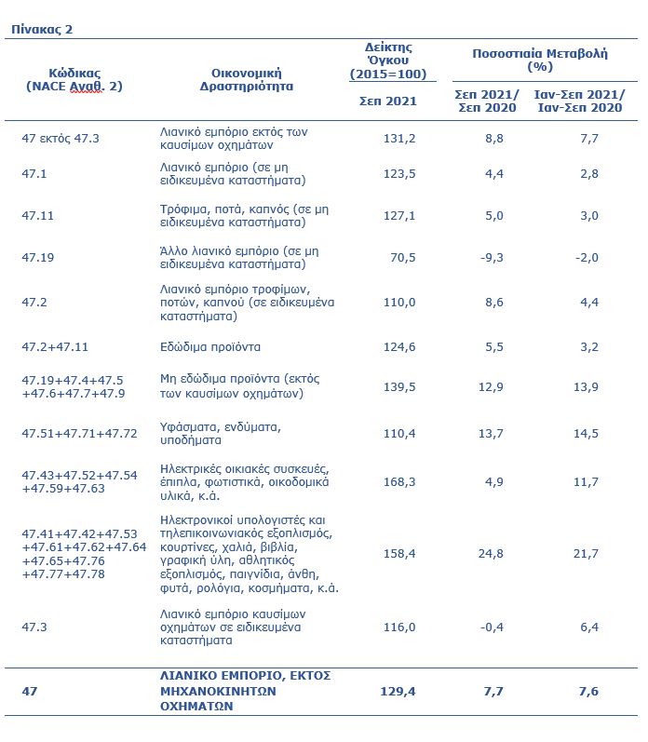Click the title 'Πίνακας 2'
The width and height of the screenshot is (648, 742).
coord(42,29)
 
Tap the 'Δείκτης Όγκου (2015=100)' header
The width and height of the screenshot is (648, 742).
coord(387,61)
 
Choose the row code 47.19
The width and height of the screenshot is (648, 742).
coord(40,257)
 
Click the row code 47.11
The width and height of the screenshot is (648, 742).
coord(40,215)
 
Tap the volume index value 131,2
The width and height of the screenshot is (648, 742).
coord(400,138)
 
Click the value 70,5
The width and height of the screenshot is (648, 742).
coord(402,257)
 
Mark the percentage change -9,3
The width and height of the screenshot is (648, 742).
coord(493,257)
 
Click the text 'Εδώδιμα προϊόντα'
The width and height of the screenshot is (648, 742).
coord(209,347)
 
